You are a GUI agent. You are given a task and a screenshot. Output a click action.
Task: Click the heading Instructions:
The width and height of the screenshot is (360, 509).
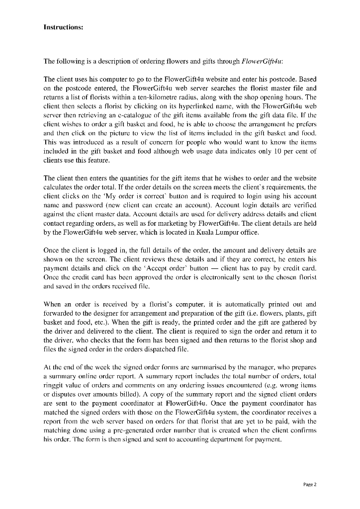pos(63,27)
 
